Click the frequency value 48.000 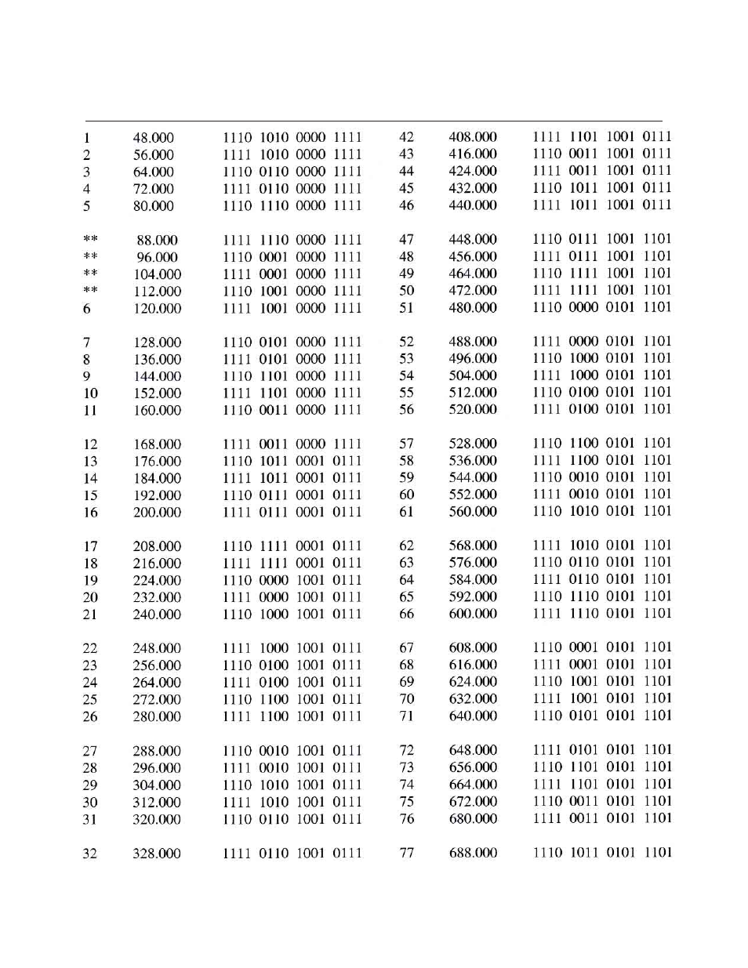pyautogui.click(x=153, y=138)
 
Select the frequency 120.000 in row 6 pyautogui.click(x=157, y=309)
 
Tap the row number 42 pyautogui.click(x=406, y=137)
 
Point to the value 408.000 pyautogui.click(x=473, y=137)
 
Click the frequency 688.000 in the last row pyautogui.click(x=473, y=853)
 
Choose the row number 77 pyautogui.click(x=406, y=853)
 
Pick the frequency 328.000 pyautogui.click(x=156, y=854)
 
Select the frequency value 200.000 pyautogui.click(x=157, y=513)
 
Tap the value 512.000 pyautogui.click(x=473, y=393)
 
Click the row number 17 pyautogui.click(x=90, y=546)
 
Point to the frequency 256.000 pyautogui.click(x=157, y=665)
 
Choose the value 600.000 pyautogui.click(x=473, y=615)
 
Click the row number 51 pyautogui.click(x=406, y=308)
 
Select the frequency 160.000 pyautogui.click(x=157, y=411)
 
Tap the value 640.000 pyautogui.click(x=473, y=716)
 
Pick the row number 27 pyautogui.click(x=90, y=751)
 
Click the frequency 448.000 pyautogui.click(x=473, y=240)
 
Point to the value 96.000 pyautogui.click(x=157, y=258)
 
